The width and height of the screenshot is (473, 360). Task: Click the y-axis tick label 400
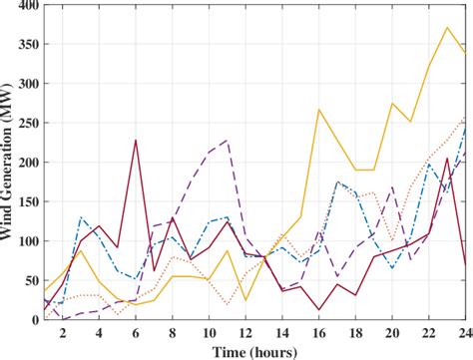point(24,7)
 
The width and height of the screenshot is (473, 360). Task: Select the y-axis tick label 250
point(24,124)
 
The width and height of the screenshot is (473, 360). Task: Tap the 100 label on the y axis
point(24,241)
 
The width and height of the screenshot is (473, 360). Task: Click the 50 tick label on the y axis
point(28,280)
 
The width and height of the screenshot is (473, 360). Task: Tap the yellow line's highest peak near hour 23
point(447,27)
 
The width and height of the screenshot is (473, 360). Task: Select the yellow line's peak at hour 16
point(319,110)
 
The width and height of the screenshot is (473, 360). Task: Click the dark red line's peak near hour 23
point(447,159)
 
